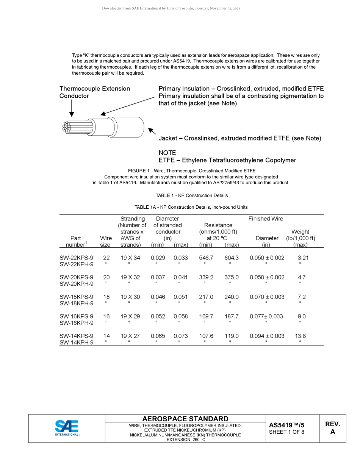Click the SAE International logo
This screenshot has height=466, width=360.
67,428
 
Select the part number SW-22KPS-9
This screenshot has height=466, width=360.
76,258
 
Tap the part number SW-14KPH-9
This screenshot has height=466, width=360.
76,342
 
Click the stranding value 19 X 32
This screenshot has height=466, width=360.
130,277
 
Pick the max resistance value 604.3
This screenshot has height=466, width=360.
232,258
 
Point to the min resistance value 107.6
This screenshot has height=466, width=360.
206,336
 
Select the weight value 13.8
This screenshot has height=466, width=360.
300,336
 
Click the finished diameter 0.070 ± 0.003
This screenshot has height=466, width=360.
267,297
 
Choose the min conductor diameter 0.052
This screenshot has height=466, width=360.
158,316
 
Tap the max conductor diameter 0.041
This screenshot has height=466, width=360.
180,277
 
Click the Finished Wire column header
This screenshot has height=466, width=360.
266,219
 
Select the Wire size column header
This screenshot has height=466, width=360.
106,241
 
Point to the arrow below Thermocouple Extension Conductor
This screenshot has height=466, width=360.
72,109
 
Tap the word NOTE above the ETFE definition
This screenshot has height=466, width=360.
167,153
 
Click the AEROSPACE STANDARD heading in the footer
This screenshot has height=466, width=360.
185,419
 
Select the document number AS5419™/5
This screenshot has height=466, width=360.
286,425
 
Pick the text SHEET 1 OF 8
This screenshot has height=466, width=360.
286,432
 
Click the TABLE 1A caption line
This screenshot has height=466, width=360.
191,207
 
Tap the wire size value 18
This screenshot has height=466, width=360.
106,297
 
